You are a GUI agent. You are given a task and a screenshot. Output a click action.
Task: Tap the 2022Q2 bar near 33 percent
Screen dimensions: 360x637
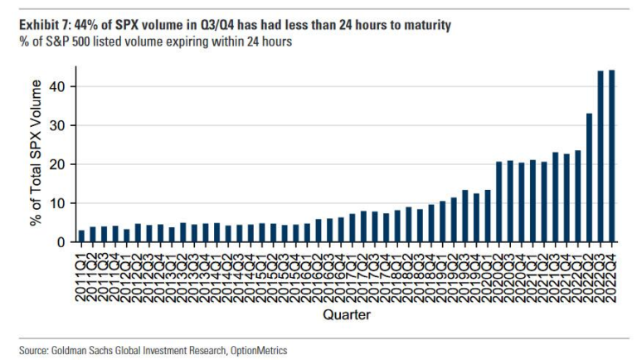pyautogui.click(x=589, y=178)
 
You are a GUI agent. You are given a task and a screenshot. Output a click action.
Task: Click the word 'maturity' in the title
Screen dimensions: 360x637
pyautogui.click(x=423, y=26)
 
